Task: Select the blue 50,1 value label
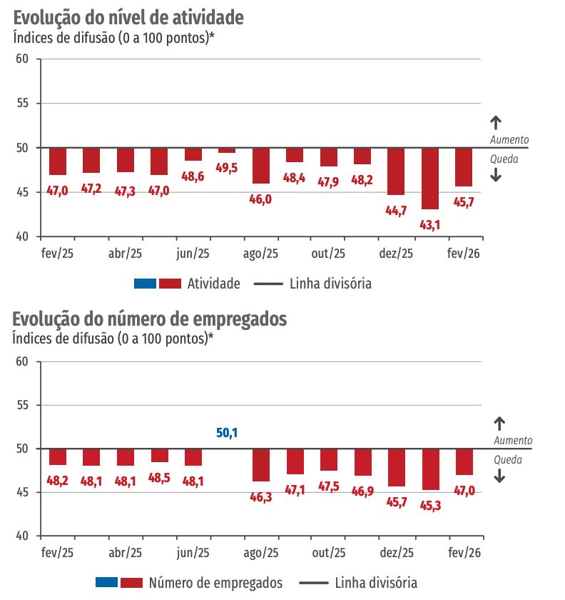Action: (x=227, y=433)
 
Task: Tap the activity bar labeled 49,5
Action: (x=227, y=150)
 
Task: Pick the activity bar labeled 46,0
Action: (x=260, y=166)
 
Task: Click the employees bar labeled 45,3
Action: (x=430, y=469)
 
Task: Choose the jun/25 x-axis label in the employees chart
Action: (x=193, y=553)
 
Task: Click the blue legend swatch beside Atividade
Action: (x=145, y=284)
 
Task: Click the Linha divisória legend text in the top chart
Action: (x=330, y=284)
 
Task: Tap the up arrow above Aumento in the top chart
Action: (x=497, y=122)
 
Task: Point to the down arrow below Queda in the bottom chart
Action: (x=499, y=476)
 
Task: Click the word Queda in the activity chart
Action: (x=504, y=159)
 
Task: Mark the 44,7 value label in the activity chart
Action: (x=396, y=209)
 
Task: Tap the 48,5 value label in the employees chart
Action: (x=160, y=477)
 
